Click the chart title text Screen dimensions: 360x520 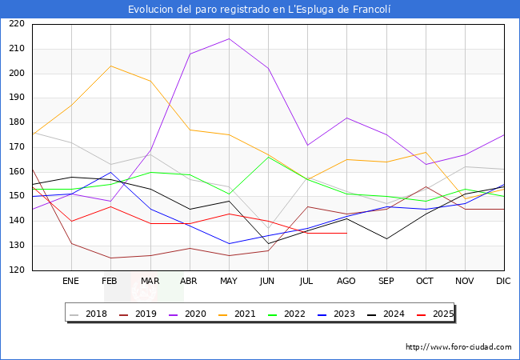tap(260, 9)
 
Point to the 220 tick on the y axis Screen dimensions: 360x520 tap(16, 24)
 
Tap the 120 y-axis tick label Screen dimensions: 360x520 tap(16, 270)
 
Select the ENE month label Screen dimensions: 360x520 tap(71, 282)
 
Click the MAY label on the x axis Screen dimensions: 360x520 tap(229, 282)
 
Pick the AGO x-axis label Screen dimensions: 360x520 tap(346, 282)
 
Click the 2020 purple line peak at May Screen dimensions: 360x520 tap(229, 38)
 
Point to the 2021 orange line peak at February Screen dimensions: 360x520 tap(110, 66)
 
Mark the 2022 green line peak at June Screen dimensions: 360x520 tap(268, 157)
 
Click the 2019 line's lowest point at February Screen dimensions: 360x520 tap(110, 258)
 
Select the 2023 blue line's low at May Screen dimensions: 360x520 tap(229, 243)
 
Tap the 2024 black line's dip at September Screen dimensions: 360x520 tap(386, 238)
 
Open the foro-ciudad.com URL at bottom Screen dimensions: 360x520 tap(458, 347)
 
